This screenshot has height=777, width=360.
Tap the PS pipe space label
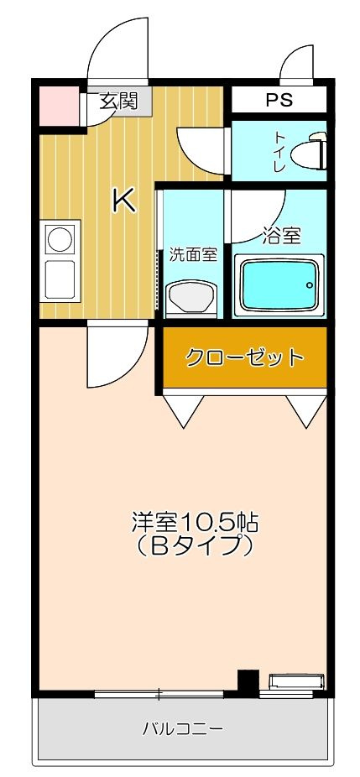click(x=279, y=100)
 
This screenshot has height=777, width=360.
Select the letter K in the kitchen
click(x=124, y=201)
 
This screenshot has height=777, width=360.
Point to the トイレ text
click(x=280, y=152)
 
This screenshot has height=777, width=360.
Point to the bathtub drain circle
click(x=310, y=285)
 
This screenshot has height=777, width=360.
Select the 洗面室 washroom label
click(x=193, y=255)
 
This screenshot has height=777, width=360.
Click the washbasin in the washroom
click(x=192, y=296)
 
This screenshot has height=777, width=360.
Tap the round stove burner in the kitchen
click(x=60, y=239)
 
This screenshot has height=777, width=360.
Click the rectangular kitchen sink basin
click(x=60, y=280)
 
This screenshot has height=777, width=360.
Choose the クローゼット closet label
click(x=244, y=357)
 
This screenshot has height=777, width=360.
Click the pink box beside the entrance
click(x=60, y=106)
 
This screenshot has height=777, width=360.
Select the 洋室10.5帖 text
click(x=196, y=524)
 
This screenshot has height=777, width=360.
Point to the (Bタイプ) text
click(x=196, y=546)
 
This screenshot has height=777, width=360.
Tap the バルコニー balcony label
click(x=184, y=729)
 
